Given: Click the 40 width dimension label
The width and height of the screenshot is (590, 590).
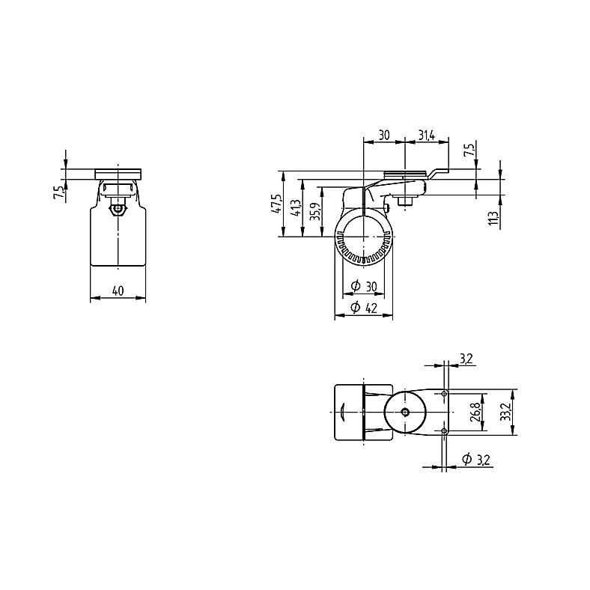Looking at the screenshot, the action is (118, 291).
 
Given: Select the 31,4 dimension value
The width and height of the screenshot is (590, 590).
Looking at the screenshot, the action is (427, 135).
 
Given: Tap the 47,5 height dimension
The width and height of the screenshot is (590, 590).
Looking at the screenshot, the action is (276, 204).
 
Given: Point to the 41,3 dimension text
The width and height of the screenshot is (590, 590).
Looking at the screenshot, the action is (296, 208).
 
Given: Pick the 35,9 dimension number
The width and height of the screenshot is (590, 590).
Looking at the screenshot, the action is (316, 212).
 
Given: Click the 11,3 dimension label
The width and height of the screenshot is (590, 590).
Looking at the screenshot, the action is (493, 218).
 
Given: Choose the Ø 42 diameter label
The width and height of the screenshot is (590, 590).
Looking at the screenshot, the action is (364, 308).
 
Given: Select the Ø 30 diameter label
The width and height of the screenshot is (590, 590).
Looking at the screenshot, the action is (364, 286).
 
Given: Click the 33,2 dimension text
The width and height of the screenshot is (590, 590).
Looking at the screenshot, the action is (506, 412).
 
